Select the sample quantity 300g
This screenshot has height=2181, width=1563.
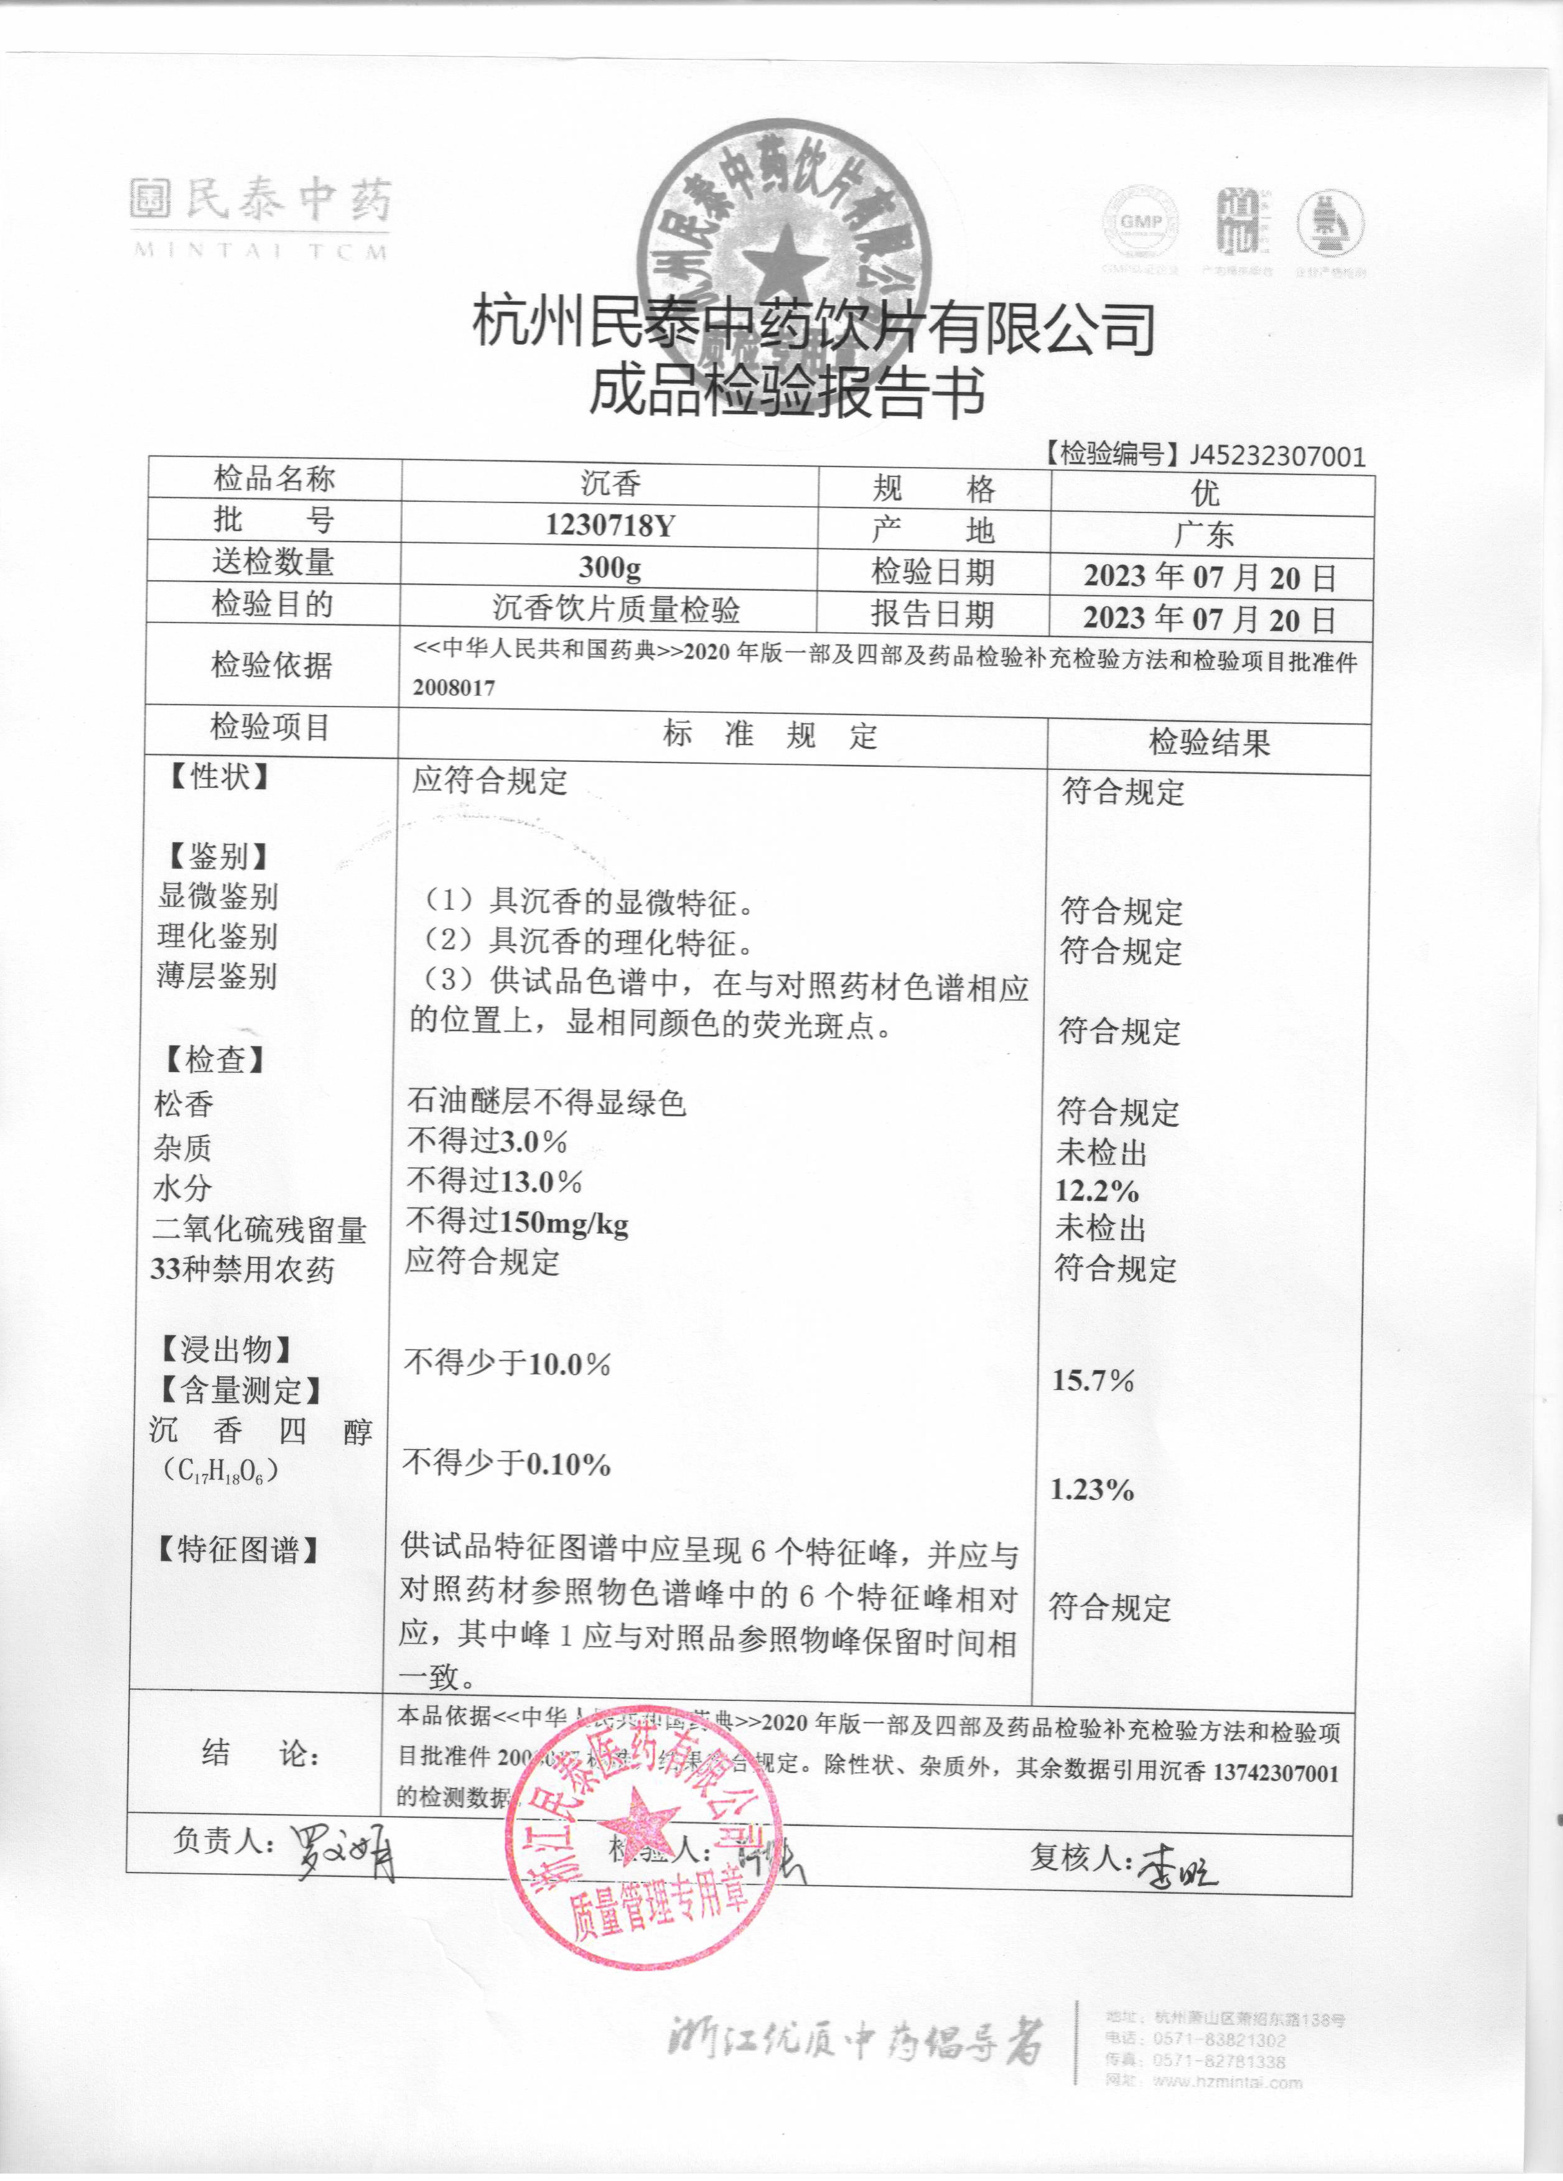coord(610,567)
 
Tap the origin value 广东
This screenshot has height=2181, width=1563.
coord(1204,534)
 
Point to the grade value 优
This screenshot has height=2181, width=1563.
coord(1205,493)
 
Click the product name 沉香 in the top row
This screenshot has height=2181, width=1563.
coord(611,483)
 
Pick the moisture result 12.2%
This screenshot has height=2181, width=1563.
coord(1096,1192)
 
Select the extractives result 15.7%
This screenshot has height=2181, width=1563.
coord(1093,1381)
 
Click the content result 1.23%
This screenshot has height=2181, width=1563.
coord(1092,1489)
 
